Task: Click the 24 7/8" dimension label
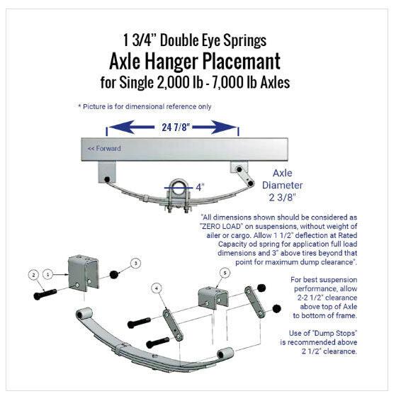172,128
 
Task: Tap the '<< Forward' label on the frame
103,149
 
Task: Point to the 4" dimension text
201,187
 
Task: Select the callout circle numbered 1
48,273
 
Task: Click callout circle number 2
33,273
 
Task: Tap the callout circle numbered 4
156,288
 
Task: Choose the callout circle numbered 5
225,272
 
